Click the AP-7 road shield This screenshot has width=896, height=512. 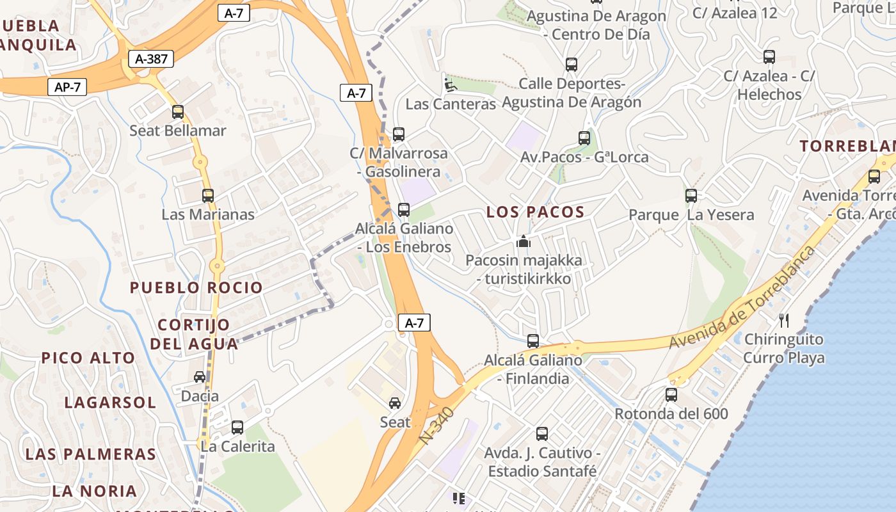click(x=67, y=87)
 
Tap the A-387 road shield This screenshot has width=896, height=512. click(x=151, y=60)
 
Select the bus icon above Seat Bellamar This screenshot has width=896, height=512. click(x=178, y=112)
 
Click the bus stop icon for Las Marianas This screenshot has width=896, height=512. click(x=208, y=196)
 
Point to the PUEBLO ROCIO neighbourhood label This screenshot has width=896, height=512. click(x=196, y=288)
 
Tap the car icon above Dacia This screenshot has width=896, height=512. click(x=200, y=377)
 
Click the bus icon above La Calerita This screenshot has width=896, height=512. click(x=237, y=427)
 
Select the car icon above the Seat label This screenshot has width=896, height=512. click(x=395, y=403)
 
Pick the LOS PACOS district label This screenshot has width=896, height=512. click(x=536, y=212)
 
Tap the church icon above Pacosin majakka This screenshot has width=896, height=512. click(x=524, y=242)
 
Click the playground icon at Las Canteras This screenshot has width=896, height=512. click(x=451, y=84)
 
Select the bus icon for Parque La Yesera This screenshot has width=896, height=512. click(x=691, y=196)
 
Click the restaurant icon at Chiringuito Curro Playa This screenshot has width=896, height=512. click(x=784, y=320)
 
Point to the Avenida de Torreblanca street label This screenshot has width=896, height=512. click(x=742, y=298)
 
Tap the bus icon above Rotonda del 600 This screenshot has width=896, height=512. click(x=671, y=395)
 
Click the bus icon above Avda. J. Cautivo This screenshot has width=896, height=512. click(x=542, y=434)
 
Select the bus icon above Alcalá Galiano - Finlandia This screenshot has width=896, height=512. click(x=533, y=341)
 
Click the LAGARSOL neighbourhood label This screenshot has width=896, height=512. click(x=110, y=403)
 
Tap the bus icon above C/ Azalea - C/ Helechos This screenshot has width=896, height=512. click(x=769, y=57)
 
